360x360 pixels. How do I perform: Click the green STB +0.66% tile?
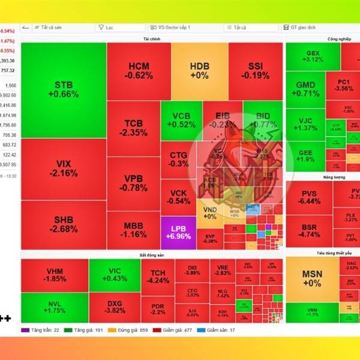pyautogui.click(x=63, y=90)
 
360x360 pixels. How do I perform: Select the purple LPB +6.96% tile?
pyautogui.click(x=178, y=233)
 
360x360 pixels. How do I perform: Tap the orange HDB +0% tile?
pyautogui.click(x=199, y=71)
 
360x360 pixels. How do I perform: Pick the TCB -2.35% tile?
pyautogui.click(x=133, y=128)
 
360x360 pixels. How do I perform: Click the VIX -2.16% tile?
pyautogui.click(x=63, y=169)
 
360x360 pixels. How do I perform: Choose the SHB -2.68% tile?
pyautogui.click(x=63, y=224)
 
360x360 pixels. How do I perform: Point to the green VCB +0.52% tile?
pyautogui.click(x=181, y=121)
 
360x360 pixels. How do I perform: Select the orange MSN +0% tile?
pyautogui.click(x=311, y=278)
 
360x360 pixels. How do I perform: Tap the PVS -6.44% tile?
pyautogui.click(x=309, y=197)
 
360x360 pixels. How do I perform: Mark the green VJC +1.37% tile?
pyautogui.click(x=305, y=124)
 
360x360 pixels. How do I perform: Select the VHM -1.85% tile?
pyautogui.click(x=55, y=275)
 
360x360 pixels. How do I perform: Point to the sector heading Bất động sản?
pyautogui.click(x=151, y=255)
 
